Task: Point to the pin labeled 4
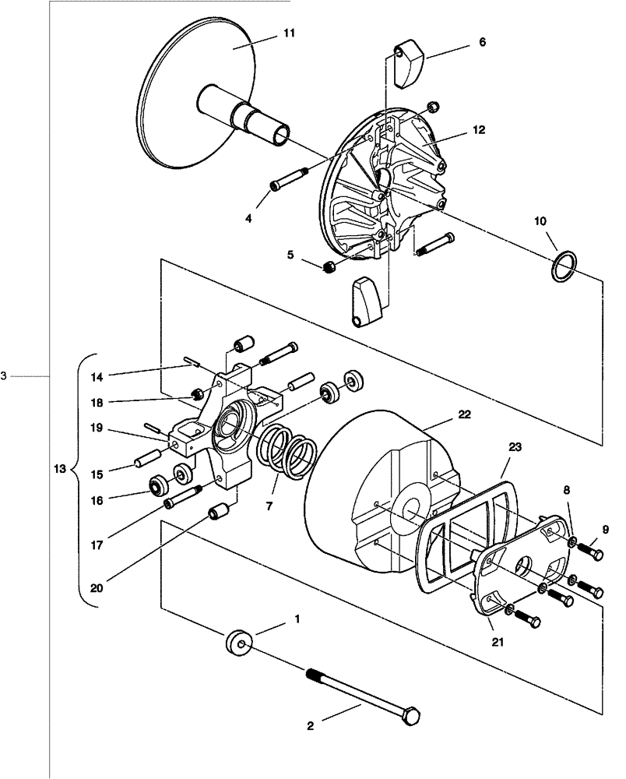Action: (290, 178)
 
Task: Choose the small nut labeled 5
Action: (329, 268)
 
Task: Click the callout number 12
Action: (478, 130)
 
